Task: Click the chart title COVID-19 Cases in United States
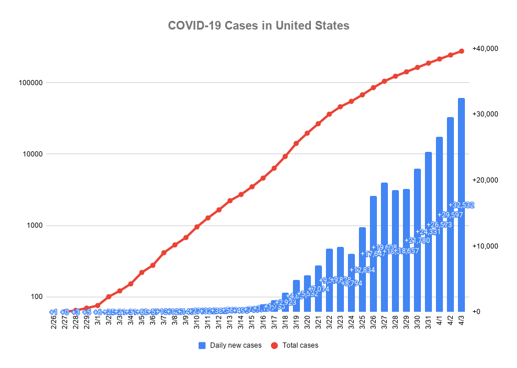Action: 258,25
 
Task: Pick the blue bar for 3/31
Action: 428,232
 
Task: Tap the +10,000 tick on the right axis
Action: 486,246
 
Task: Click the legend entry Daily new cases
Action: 230,345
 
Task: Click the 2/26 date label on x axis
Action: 53,323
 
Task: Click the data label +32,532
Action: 461,205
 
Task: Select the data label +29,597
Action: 450,214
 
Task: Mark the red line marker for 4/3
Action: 461,51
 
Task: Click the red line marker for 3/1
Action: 97,305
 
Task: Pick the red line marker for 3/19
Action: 296,143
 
